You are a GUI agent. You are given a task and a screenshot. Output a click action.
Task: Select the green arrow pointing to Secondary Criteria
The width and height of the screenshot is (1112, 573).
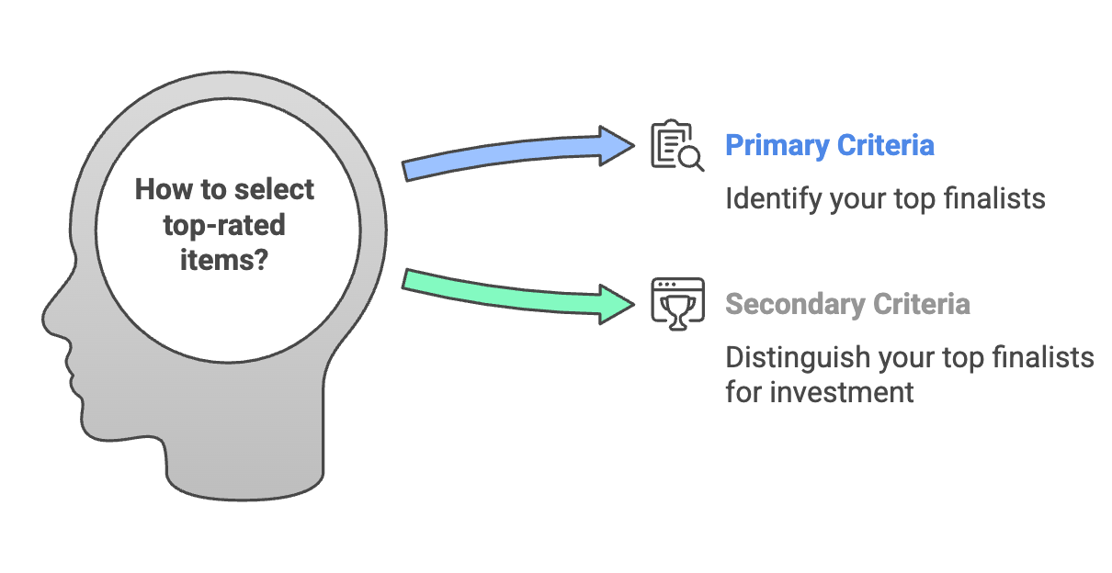point(516,294)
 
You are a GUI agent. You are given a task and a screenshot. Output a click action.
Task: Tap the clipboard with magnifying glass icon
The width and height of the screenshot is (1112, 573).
point(677,145)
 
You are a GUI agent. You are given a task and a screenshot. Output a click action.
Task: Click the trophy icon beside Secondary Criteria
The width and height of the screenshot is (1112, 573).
point(677,304)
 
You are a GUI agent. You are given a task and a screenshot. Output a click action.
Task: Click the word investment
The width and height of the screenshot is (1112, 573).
point(842,392)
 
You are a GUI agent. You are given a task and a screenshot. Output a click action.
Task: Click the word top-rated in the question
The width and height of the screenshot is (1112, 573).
point(224,226)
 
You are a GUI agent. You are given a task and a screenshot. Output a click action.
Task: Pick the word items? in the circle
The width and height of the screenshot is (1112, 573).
point(224,260)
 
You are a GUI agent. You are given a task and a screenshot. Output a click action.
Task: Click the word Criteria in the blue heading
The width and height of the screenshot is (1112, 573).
point(886,146)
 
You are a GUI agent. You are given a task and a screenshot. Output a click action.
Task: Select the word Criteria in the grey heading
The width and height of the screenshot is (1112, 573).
point(922,304)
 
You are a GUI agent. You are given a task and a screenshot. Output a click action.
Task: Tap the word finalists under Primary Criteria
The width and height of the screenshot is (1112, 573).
point(994,199)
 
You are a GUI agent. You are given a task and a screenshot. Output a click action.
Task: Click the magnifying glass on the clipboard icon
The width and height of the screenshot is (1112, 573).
point(691,159)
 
